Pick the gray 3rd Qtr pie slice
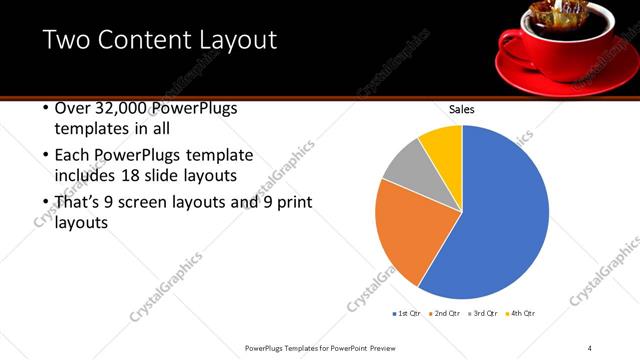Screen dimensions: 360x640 point(405,167)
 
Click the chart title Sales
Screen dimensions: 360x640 point(461,110)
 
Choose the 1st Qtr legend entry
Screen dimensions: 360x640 point(407,313)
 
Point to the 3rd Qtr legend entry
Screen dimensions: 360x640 point(483,313)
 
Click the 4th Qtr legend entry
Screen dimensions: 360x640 point(521,313)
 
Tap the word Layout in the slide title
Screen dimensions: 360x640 point(236,40)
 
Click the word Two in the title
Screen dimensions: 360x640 point(67,40)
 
